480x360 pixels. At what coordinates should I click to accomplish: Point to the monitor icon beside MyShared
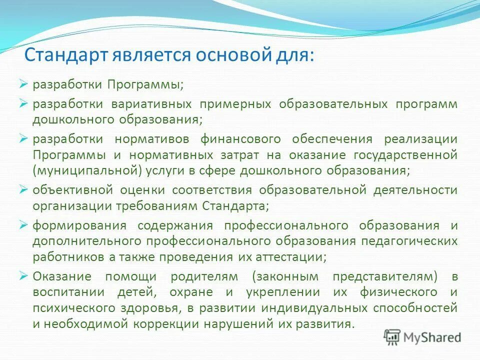click(392, 337)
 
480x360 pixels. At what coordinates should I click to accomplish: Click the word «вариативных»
click(152, 104)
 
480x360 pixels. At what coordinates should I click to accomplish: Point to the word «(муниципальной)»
click(87, 170)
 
